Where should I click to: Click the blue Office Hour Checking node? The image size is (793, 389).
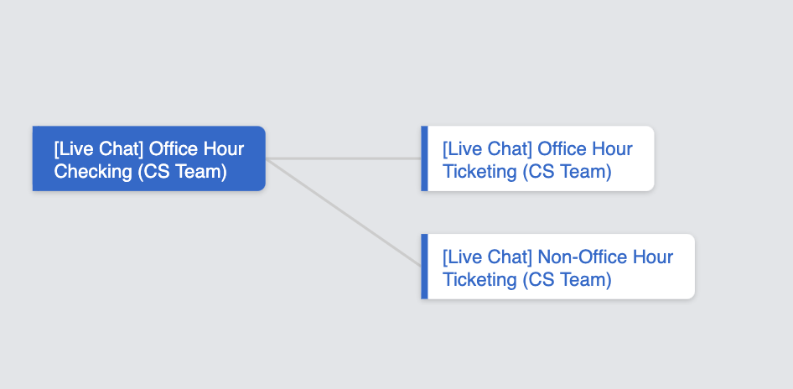148,159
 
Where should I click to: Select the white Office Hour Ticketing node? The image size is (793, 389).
538,159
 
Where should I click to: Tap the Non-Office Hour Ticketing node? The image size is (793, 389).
558,267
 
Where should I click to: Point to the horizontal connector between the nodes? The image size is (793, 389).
344,158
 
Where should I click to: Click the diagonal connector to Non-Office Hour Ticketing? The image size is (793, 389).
344,213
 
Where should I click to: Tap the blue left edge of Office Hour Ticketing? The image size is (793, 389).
424,159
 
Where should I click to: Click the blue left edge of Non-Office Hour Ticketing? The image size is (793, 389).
424,267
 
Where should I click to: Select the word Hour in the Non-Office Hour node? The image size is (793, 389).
652,257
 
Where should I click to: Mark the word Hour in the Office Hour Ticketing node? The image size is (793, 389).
612,149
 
